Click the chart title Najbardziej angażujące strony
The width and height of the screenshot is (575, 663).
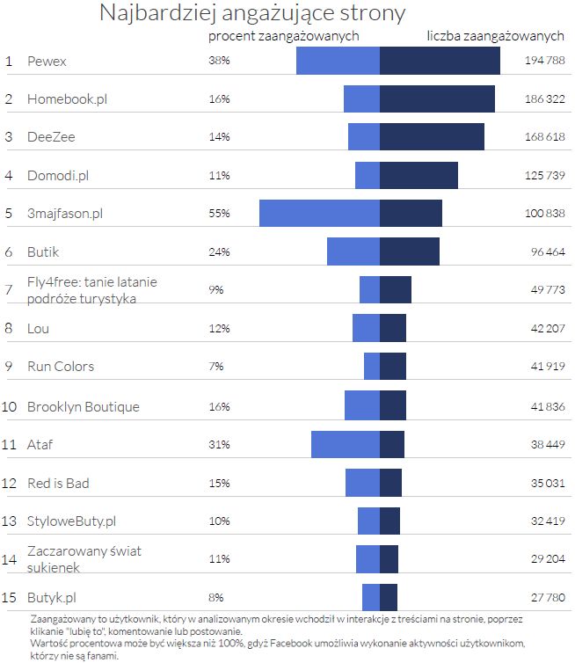[252, 13]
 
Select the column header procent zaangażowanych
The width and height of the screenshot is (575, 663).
[284, 37]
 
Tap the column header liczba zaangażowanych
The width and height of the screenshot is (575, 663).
[495, 37]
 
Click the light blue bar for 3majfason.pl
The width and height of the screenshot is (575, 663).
[319, 214]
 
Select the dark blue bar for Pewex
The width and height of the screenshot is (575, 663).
[440, 61]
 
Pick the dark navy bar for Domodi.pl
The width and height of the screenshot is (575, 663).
[419, 175]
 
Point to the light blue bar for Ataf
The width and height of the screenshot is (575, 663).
[346, 444]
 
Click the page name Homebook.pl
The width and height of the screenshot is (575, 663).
[67, 99]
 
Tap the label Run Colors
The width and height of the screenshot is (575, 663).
[61, 367]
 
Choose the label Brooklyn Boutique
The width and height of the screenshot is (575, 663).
[84, 407]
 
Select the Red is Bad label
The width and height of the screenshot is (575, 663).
[58, 484]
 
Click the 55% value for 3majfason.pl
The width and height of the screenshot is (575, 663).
[219, 214]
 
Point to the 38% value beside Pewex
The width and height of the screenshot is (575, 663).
[219, 62]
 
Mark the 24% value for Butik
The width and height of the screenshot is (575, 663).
[219, 252]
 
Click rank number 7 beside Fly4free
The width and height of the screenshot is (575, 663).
[9, 290]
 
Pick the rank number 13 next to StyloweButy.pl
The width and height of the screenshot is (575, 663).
[10, 521]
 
